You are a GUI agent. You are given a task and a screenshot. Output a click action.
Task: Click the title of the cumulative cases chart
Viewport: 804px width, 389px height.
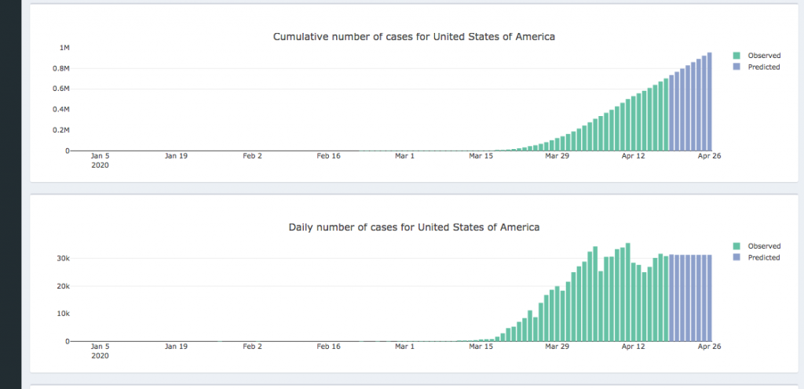pos(414,37)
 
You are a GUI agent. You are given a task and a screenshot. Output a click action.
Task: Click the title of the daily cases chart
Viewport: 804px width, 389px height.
pos(414,227)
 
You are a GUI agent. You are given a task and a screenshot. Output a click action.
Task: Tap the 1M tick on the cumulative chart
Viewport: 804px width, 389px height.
pos(65,48)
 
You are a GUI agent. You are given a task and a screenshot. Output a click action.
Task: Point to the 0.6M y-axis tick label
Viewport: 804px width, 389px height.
pos(60,89)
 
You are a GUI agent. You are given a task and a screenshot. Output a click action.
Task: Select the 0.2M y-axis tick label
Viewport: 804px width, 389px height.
pos(60,130)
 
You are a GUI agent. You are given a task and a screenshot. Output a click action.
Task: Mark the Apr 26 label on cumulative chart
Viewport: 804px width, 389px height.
pos(710,156)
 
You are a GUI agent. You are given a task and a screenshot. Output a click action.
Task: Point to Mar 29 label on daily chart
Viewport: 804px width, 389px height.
pos(557,346)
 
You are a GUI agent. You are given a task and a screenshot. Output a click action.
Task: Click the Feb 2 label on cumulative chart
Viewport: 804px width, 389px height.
pos(252,156)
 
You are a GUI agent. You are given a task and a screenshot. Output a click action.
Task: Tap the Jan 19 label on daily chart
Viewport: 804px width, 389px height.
pos(176,346)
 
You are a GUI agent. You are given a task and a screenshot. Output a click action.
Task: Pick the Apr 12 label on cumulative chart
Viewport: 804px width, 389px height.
pos(633,156)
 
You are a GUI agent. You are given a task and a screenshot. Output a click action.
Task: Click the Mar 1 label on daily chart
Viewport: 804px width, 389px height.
pos(404,346)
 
